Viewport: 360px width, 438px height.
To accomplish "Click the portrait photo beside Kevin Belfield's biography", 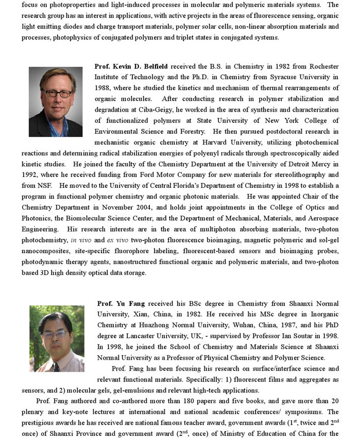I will click(56, 101).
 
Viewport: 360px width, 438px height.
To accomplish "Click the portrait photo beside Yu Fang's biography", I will click(57, 338).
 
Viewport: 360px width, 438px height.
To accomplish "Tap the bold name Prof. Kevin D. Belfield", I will click(132, 67).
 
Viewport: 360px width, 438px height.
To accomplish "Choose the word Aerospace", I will click(323, 218).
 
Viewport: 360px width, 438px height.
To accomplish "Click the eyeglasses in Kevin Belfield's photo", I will click(57, 93).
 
